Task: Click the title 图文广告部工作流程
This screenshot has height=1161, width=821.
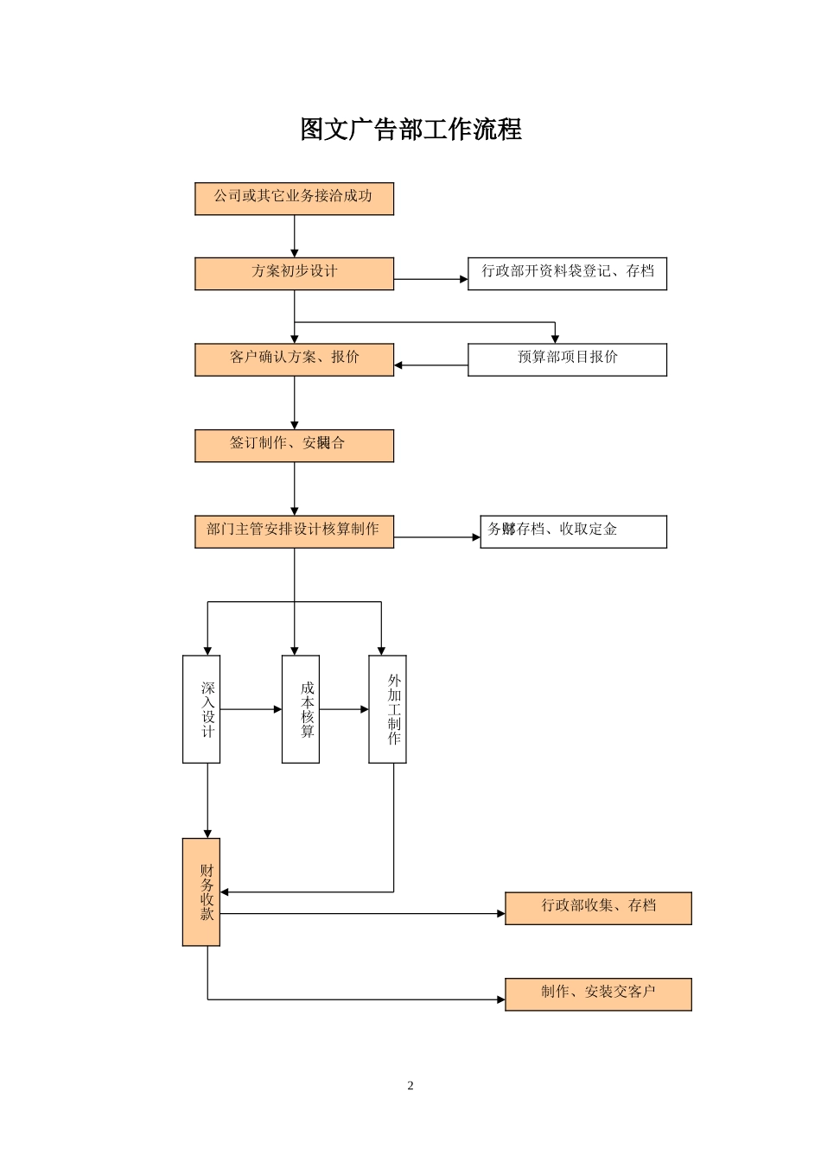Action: (410, 130)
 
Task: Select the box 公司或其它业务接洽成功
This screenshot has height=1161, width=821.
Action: (294, 199)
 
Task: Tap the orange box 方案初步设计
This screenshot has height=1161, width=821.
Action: (294, 273)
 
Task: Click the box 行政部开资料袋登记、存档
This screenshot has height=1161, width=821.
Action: (567, 273)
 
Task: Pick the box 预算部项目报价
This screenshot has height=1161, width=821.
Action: (567, 359)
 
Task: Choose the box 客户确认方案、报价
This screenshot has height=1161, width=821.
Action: (294, 359)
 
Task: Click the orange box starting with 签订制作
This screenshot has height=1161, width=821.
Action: (294, 445)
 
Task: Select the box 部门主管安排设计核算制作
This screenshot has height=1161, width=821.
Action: (294, 531)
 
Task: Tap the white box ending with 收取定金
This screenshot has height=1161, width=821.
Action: (573, 531)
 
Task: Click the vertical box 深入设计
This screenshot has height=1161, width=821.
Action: (201, 709)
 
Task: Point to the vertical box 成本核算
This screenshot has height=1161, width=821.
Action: (300, 709)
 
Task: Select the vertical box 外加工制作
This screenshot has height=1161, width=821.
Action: (387, 709)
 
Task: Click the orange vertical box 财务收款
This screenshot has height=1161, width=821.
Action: (201, 891)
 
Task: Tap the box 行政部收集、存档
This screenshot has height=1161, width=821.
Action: (598, 908)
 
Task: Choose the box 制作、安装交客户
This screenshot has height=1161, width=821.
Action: (598, 994)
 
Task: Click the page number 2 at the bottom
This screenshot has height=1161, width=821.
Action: (410, 1086)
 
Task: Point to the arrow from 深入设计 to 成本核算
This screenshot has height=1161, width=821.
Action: (251, 709)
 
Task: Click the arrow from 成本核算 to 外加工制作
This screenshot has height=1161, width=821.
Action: (344, 709)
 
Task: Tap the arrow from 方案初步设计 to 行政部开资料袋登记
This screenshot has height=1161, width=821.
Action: (430, 279)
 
